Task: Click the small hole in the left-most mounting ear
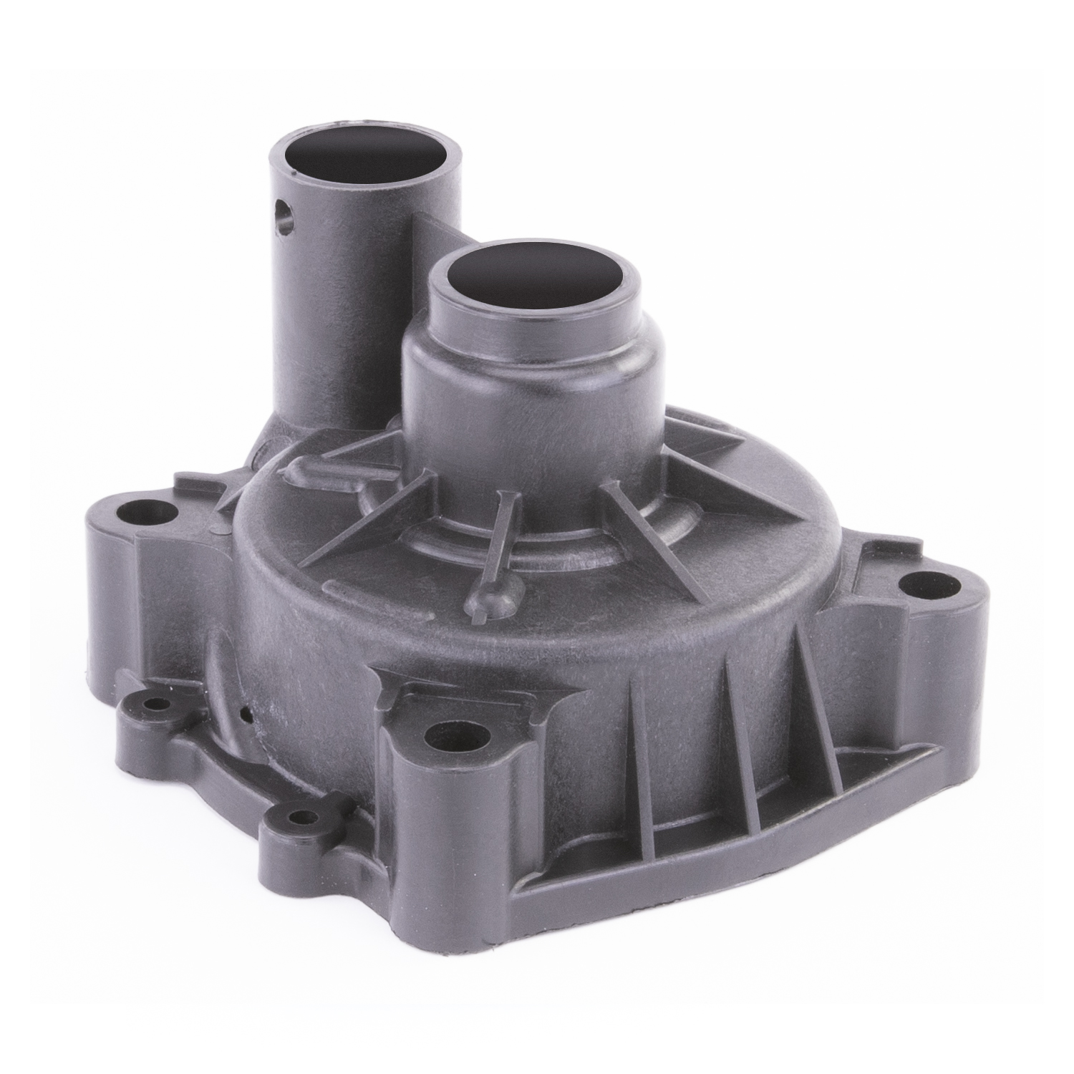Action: pyautogui.click(x=152, y=705)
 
